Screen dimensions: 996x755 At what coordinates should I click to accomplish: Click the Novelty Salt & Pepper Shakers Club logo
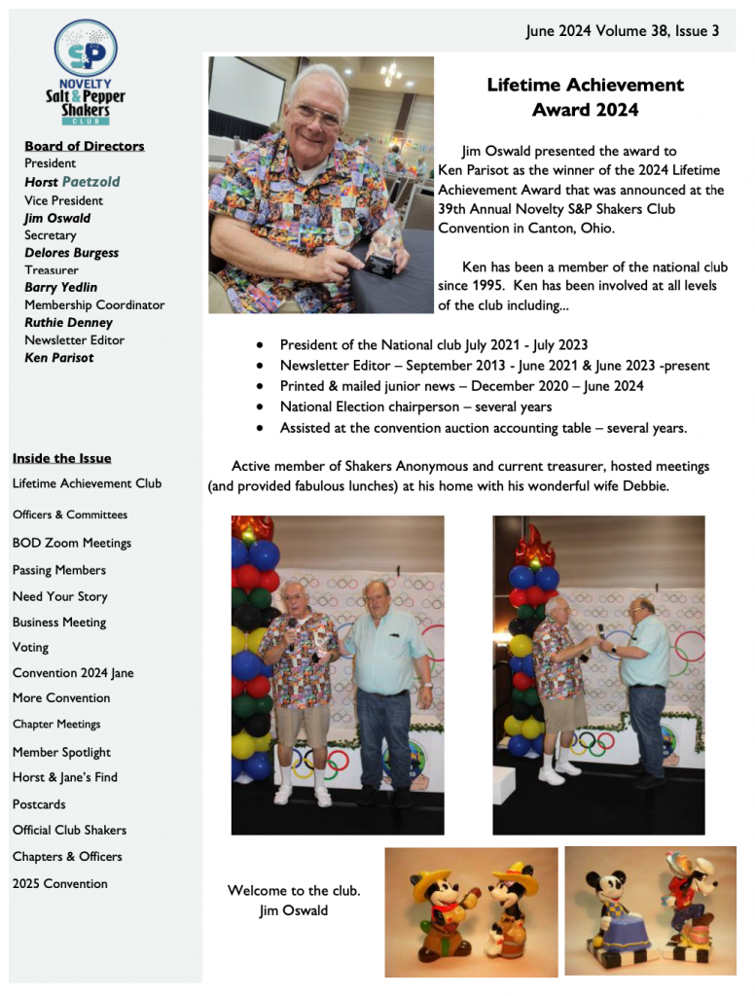click(86, 73)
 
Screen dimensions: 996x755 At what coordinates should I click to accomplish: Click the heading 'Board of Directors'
click(84, 146)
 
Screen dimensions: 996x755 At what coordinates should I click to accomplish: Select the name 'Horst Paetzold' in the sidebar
click(72, 182)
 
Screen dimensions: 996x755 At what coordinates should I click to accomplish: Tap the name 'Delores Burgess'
click(71, 253)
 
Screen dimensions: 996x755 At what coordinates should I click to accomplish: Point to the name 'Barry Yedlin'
click(60, 288)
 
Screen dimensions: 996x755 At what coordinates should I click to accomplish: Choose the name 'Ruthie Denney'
click(68, 323)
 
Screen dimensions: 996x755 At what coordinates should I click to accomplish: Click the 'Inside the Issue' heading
click(61, 458)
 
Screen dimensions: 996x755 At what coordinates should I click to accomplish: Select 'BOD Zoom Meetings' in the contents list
click(71, 543)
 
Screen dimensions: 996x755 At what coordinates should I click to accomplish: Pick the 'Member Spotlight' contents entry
click(61, 752)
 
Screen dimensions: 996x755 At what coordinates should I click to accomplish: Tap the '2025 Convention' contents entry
click(59, 883)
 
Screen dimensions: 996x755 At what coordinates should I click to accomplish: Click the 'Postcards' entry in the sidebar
click(39, 804)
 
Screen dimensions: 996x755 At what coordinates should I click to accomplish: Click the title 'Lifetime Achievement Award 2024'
click(585, 97)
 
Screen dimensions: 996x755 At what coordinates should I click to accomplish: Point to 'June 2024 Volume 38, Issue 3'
click(622, 31)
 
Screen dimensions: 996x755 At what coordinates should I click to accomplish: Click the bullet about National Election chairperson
click(415, 407)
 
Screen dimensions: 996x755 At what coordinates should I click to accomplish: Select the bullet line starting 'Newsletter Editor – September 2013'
click(494, 366)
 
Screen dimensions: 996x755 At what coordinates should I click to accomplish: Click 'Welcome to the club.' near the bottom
click(293, 890)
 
